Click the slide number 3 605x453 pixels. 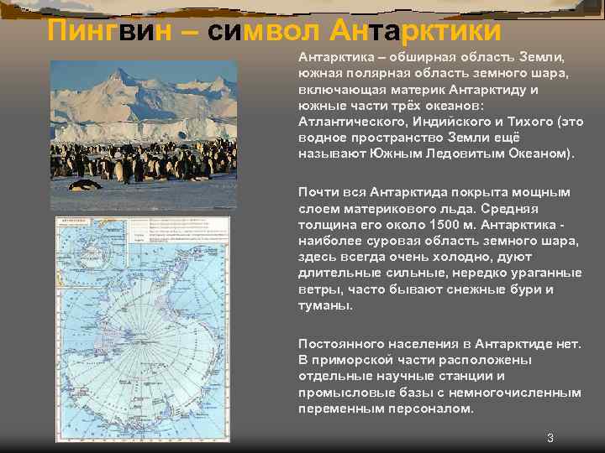(x=550, y=438)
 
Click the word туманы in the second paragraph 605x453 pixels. (x=324, y=305)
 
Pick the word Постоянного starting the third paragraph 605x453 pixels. (x=342, y=344)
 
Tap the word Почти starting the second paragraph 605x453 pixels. (x=317, y=192)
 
